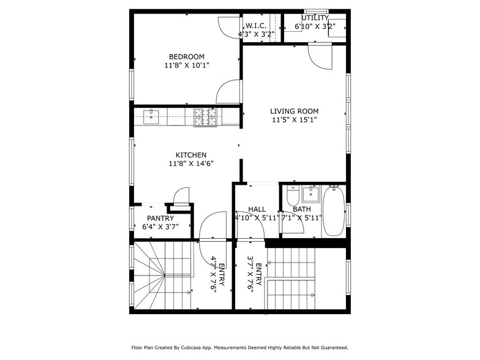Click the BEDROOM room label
(187, 56)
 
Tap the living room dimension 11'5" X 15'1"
(294, 120)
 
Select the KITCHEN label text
(191, 155)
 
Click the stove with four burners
(206, 116)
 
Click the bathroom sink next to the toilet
(311, 194)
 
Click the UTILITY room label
(315, 18)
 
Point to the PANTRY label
(160, 218)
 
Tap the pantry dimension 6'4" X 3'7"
(160, 227)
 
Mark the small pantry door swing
(181, 197)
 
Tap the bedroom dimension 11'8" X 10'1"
(187, 65)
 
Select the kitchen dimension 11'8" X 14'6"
(191, 163)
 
